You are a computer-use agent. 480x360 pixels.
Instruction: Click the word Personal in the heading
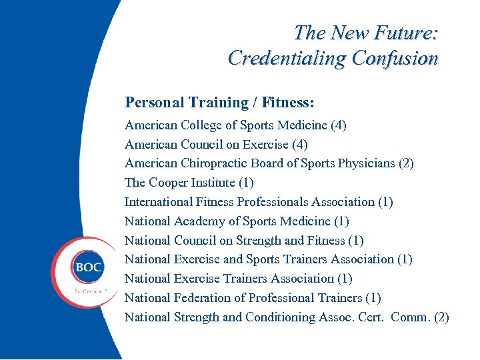(153, 103)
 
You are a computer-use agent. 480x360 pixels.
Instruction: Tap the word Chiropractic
(214, 163)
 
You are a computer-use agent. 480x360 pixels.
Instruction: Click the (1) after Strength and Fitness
(356, 241)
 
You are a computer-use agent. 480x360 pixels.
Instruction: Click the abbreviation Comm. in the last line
(410, 317)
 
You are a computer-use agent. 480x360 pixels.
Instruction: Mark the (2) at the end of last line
(441, 317)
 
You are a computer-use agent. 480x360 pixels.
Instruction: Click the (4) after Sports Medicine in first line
(338, 125)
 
